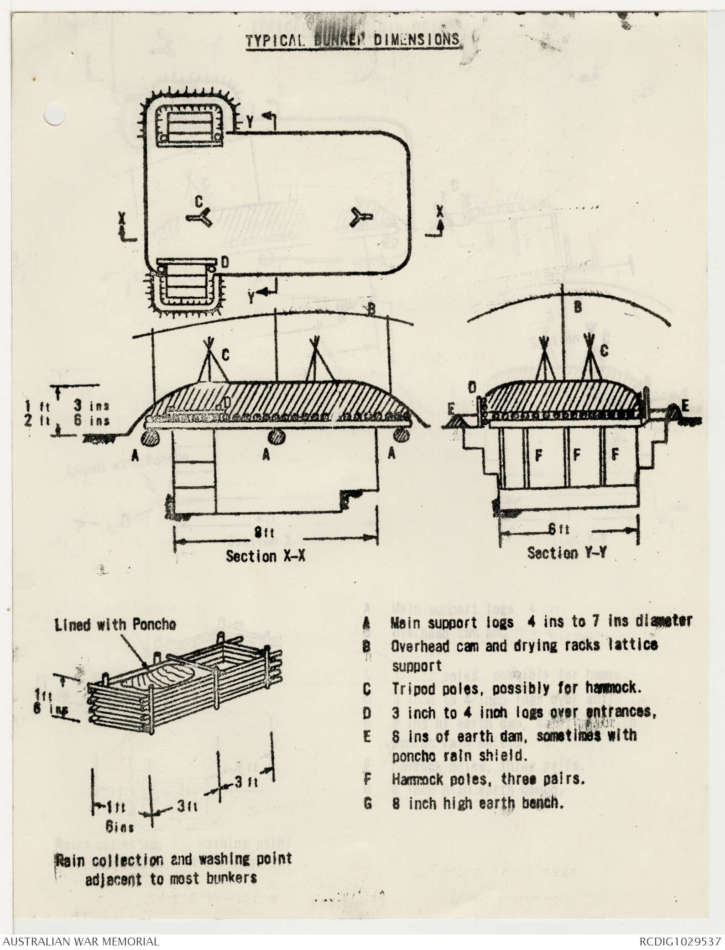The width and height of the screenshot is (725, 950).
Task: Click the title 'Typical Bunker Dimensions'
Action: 353,40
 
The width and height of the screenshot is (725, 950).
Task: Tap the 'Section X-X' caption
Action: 265,556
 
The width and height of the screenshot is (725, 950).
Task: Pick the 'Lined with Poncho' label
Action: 115,625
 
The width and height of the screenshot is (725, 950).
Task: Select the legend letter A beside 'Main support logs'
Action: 367,622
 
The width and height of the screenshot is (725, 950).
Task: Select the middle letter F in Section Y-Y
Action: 577,456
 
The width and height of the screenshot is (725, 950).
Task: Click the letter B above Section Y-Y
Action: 578,308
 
